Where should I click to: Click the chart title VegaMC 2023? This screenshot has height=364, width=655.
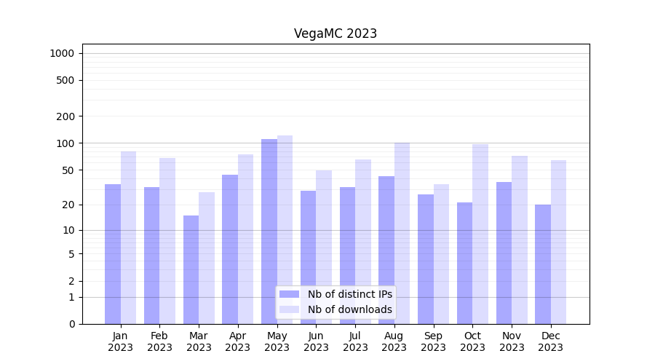(336, 33)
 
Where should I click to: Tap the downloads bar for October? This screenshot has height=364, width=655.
(480, 234)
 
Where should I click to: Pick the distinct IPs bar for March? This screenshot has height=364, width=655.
(191, 269)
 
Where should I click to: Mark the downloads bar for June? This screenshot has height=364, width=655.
(324, 247)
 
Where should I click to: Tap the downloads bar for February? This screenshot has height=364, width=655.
(167, 241)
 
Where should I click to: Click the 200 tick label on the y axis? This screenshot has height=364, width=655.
(65, 116)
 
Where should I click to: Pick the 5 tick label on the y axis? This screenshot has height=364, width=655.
(71, 254)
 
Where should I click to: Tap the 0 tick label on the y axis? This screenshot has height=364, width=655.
(71, 324)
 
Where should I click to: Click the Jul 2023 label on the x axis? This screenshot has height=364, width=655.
(355, 341)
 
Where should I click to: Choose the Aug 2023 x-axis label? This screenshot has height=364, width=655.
(394, 341)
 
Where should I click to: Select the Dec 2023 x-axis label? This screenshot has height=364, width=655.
(550, 341)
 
